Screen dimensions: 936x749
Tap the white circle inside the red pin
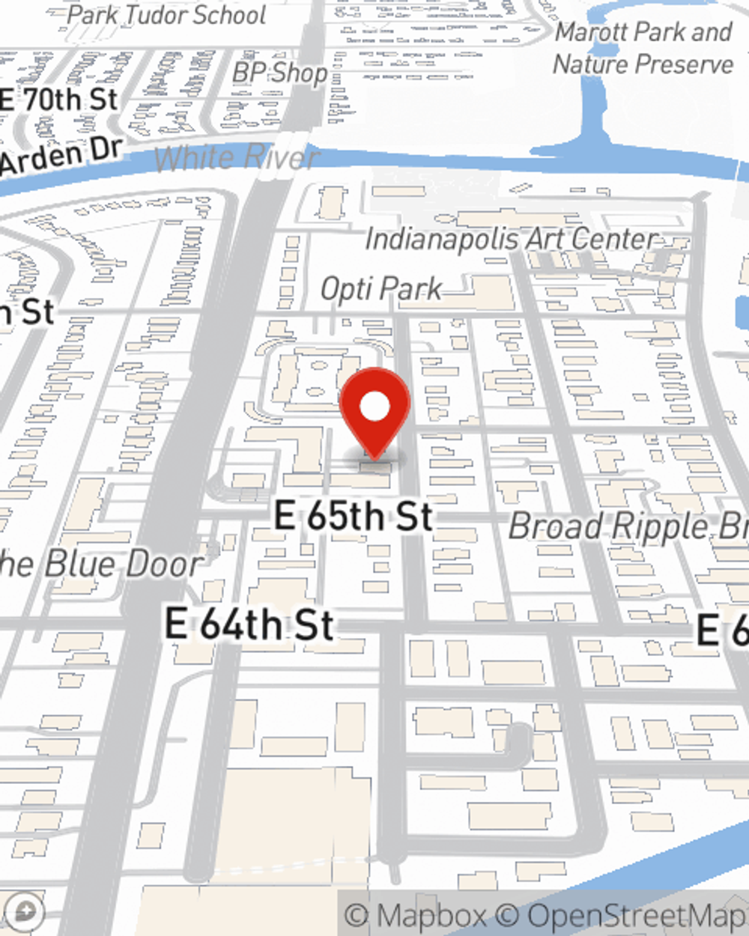(374, 407)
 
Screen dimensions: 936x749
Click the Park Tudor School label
(166, 15)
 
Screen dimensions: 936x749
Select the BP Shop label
(279, 72)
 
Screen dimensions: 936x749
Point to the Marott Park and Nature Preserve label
(643, 48)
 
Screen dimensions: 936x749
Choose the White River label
(237, 158)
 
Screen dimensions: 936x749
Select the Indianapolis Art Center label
(512, 240)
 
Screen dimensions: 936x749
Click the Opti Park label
(381, 289)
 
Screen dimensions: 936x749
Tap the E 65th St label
(354, 516)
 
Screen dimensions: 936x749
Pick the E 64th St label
(249, 624)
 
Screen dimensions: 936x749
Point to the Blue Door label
(101, 563)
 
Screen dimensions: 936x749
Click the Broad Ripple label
(628, 526)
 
